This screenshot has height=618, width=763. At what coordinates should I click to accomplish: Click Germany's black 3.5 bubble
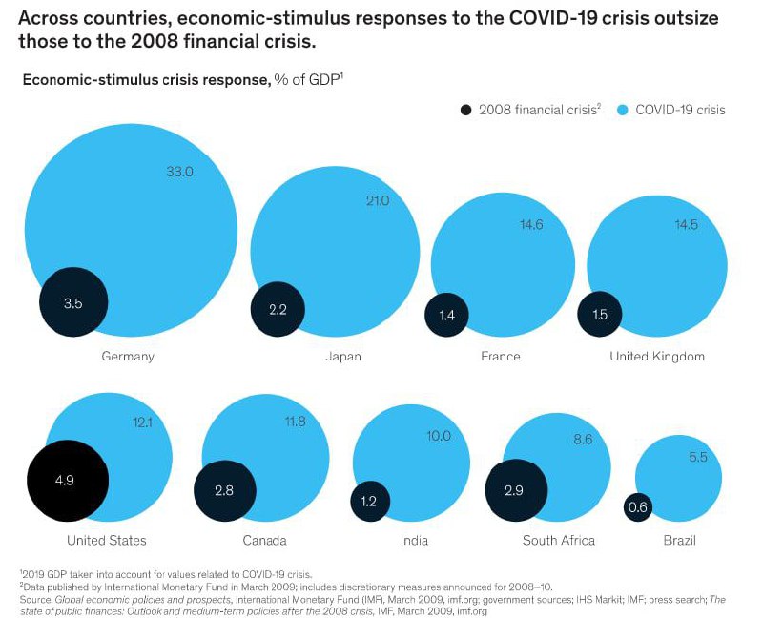pos(73,302)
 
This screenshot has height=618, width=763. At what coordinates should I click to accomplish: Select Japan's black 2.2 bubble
pos(277,309)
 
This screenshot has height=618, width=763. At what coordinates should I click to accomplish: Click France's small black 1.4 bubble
pos(446,314)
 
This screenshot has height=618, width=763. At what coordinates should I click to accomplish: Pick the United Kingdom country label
pos(657,357)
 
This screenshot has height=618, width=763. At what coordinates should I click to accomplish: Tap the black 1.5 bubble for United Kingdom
pos(600,314)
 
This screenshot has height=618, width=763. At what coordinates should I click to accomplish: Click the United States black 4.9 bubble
pos(64,481)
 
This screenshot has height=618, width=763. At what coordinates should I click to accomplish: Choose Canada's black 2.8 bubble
pos(225,490)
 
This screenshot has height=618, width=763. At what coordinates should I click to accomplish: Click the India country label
pos(413,541)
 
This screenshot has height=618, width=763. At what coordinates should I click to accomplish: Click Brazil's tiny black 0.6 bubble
pos(638,506)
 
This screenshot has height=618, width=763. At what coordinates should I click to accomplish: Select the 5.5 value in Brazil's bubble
pos(698,457)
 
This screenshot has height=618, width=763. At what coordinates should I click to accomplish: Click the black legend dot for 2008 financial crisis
pos(465,110)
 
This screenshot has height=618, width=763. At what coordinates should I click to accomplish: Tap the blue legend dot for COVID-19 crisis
pos(622,110)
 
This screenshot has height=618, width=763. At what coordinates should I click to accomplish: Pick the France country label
pos(501,357)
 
